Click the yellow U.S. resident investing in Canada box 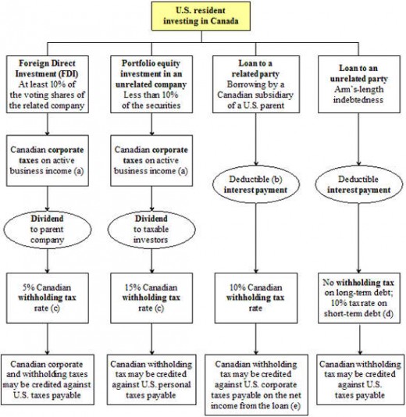coord(201,16)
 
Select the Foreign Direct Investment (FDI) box coord(48,84)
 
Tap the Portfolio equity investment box coord(151,84)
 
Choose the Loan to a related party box coord(256,84)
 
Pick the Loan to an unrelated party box coord(359,84)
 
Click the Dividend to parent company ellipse coord(48,230)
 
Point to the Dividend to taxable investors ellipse coord(151,230)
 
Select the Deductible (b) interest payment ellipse coord(256,184)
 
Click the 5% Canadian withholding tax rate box coord(48,298)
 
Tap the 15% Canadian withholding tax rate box coord(151,298)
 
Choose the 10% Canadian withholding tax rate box coord(256,298)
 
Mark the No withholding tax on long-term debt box coord(359,298)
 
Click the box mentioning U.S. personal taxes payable coord(151,380)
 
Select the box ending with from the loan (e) coord(256,385)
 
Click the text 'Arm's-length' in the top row coord(359,89)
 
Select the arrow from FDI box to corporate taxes coord(48,124)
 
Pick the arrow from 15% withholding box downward coord(151,339)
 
